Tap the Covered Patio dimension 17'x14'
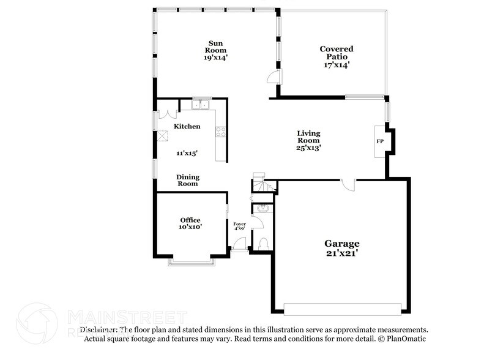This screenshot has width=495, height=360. pos(336,63)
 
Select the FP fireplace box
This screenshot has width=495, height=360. pos(380,141)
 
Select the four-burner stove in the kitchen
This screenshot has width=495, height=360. pos(221,130)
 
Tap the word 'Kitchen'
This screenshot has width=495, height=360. pos(187,126)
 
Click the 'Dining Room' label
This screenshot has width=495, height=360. pos(188,180)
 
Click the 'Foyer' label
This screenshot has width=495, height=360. pos(240,224)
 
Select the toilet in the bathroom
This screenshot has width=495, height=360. pos(264,244)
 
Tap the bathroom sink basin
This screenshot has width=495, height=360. pos(264,209)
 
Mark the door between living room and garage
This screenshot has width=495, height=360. pos(348,183)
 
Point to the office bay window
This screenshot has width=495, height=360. pos(192,263)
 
